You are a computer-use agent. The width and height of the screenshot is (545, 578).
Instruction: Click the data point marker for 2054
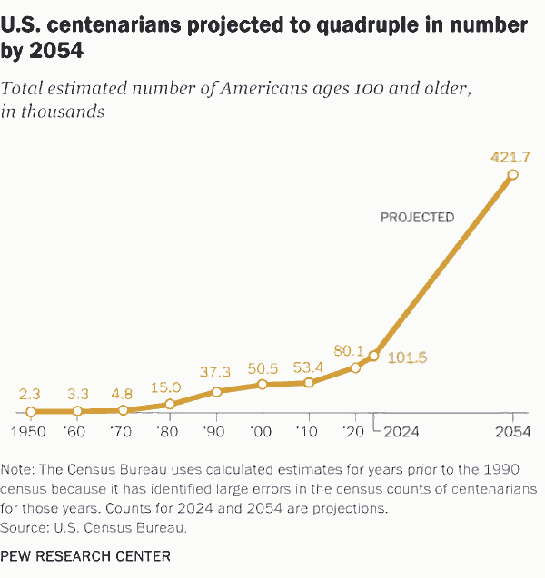coord(512,174)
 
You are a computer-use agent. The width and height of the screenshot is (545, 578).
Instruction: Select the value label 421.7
coord(510,157)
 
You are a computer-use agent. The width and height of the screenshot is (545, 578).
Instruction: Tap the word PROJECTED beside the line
coord(417,217)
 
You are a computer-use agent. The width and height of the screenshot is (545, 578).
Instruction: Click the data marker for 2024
coord(373,355)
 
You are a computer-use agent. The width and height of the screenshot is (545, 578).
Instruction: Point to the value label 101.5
coord(407,358)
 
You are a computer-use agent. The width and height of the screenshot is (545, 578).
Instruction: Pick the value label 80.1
coord(348,349)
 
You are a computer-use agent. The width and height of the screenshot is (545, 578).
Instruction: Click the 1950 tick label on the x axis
coord(30,432)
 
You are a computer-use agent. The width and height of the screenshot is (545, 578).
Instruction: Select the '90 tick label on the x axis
coord(215,432)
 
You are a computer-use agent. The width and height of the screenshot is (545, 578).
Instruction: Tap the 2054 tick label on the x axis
coord(512,432)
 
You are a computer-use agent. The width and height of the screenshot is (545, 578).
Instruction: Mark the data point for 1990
coord(216,392)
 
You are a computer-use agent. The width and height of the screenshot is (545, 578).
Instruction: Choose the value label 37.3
coord(214,373)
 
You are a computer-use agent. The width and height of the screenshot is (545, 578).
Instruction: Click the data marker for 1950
coord(31,411)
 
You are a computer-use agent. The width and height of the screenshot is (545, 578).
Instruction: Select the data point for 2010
coord(309,382)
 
